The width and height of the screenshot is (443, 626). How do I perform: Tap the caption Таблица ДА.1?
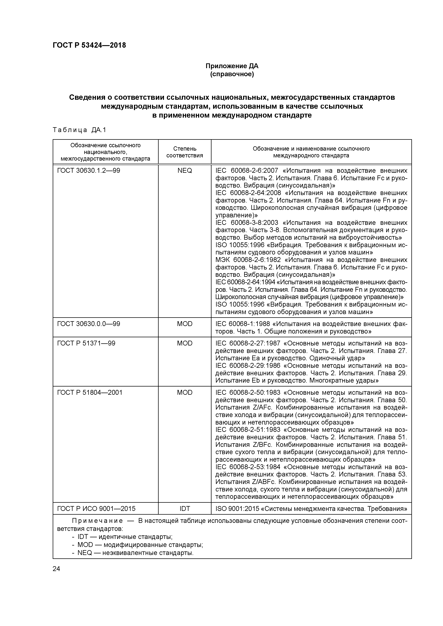point(79,130)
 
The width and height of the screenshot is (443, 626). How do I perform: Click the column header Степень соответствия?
point(185,152)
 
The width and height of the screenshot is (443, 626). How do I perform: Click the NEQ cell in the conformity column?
point(185,171)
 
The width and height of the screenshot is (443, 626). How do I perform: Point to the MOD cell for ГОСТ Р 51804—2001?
point(185,393)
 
